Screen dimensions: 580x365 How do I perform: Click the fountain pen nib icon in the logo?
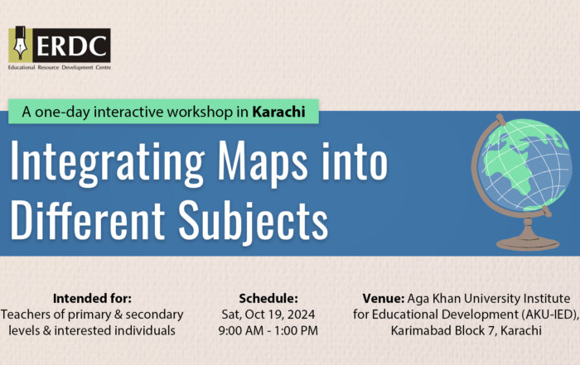click(x=20, y=44)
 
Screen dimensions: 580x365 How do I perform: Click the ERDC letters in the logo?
click(x=71, y=46)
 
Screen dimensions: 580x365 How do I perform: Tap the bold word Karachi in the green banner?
click(x=279, y=112)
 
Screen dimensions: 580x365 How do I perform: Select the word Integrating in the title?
click(x=107, y=163)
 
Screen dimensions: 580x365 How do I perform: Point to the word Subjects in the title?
click(x=254, y=220)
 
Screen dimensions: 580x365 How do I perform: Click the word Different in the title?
click(x=87, y=220)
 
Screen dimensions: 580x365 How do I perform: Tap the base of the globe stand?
click(x=528, y=244)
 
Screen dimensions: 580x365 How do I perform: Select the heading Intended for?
click(x=92, y=298)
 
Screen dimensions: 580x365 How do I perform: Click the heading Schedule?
click(x=268, y=298)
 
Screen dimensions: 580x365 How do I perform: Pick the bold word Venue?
click(x=384, y=298)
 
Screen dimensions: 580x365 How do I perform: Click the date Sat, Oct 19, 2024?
click(x=268, y=315)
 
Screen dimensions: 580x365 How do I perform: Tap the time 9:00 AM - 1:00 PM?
click(x=268, y=330)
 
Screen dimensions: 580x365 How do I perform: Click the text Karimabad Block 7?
click(x=442, y=330)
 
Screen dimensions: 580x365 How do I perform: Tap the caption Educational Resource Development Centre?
click(x=60, y=68)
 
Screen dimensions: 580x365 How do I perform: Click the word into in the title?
click(x=355, y=163)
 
